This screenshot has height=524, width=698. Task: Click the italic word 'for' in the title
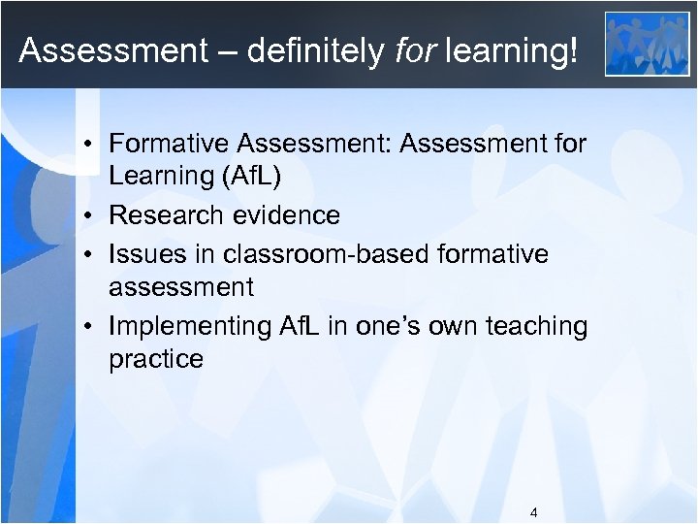(x=414, y=50)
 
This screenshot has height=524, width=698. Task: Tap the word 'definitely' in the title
(x=314, y=50)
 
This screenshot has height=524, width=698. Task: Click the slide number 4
(x=534, y=512)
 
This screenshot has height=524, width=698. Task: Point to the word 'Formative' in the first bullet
(x=170, y=144)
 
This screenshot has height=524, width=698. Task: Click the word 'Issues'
(x=142, y=253)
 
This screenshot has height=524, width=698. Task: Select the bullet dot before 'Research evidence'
(x=87, y=215)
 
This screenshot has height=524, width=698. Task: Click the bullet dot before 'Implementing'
(x=87, y=326)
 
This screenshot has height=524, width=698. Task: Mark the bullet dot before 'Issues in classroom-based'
(x=87, y=254)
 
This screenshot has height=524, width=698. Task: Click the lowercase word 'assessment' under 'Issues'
(x=181, y=287)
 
